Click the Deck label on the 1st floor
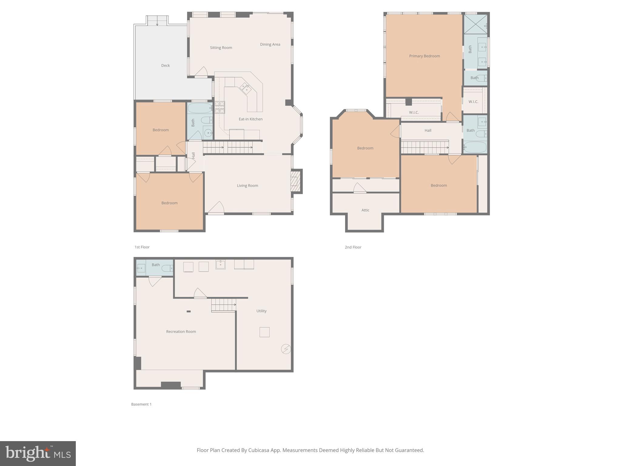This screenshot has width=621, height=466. click(x=165, y=66)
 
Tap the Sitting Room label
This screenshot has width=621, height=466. click(x=221, y=48)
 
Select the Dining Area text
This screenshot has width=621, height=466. click(x=270, y=44)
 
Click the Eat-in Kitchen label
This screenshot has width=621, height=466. click(x=250, y=119)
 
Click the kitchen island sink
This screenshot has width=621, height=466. click(x=246, y=88)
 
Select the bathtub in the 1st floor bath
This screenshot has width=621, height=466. click(x=200, y=108)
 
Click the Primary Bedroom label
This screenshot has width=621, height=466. click(x=424, y=56)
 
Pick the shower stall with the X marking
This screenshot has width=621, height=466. click(x=475, y=24)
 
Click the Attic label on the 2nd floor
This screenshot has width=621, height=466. click(x=365, y=210)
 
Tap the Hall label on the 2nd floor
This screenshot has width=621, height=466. click(x=428, y=130)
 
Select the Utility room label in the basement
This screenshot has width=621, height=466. click(x=261, y=311)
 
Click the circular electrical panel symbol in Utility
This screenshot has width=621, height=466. click(x=286, y=349)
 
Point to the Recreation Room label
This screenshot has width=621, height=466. click(x=181, y=332)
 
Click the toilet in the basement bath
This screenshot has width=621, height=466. click(x=167, y=268)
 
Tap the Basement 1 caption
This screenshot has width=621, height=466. click(x=141, y=404)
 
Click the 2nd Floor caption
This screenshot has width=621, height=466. click(x=353, y=247)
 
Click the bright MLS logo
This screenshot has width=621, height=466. click(x=38, y=453)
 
